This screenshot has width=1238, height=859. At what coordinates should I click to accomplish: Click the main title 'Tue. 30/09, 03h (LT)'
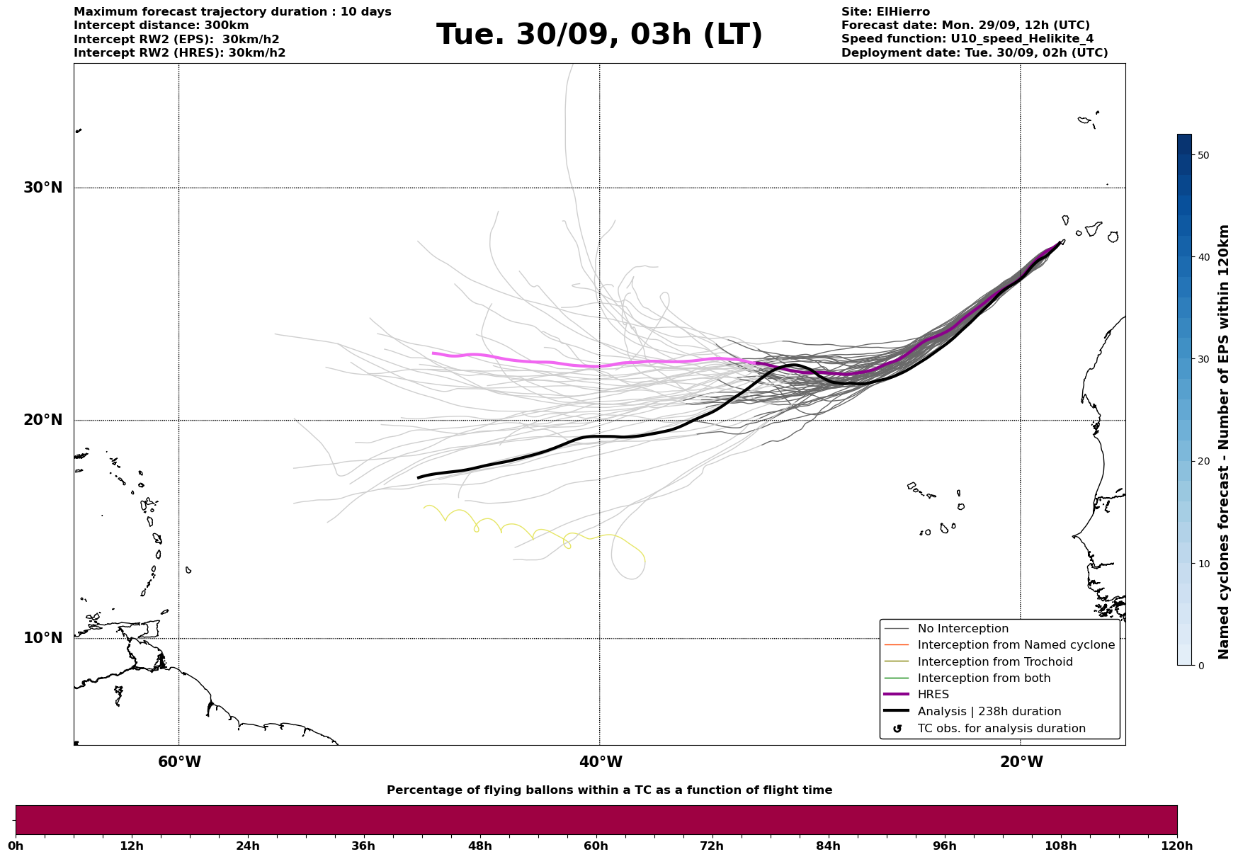599,35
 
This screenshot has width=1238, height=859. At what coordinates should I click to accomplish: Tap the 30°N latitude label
42,188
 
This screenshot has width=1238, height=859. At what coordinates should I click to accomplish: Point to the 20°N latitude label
42,420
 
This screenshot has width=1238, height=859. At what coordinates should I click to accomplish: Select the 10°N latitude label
42,638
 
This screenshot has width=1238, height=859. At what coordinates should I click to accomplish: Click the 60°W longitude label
179,762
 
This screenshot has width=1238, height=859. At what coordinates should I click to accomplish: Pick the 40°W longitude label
601,762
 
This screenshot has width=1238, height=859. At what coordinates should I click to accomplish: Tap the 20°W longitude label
1021,762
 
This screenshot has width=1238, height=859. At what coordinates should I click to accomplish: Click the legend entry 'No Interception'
962,629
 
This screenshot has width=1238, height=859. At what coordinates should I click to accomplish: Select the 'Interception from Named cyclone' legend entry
1016,645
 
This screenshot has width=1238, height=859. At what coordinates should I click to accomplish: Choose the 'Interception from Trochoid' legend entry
994,662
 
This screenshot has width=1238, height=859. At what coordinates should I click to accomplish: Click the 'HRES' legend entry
933,695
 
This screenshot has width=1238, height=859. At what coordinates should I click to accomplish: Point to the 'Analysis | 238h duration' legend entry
989,712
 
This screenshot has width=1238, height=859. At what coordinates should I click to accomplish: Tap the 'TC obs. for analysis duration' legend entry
1001,729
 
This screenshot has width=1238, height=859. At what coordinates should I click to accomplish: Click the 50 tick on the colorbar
1203,155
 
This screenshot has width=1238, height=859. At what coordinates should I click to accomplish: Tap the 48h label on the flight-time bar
479,846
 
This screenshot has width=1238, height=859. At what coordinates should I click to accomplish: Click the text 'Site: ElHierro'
885,12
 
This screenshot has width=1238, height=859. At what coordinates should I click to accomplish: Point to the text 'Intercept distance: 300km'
161,25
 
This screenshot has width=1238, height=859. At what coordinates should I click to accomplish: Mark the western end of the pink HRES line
433,353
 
